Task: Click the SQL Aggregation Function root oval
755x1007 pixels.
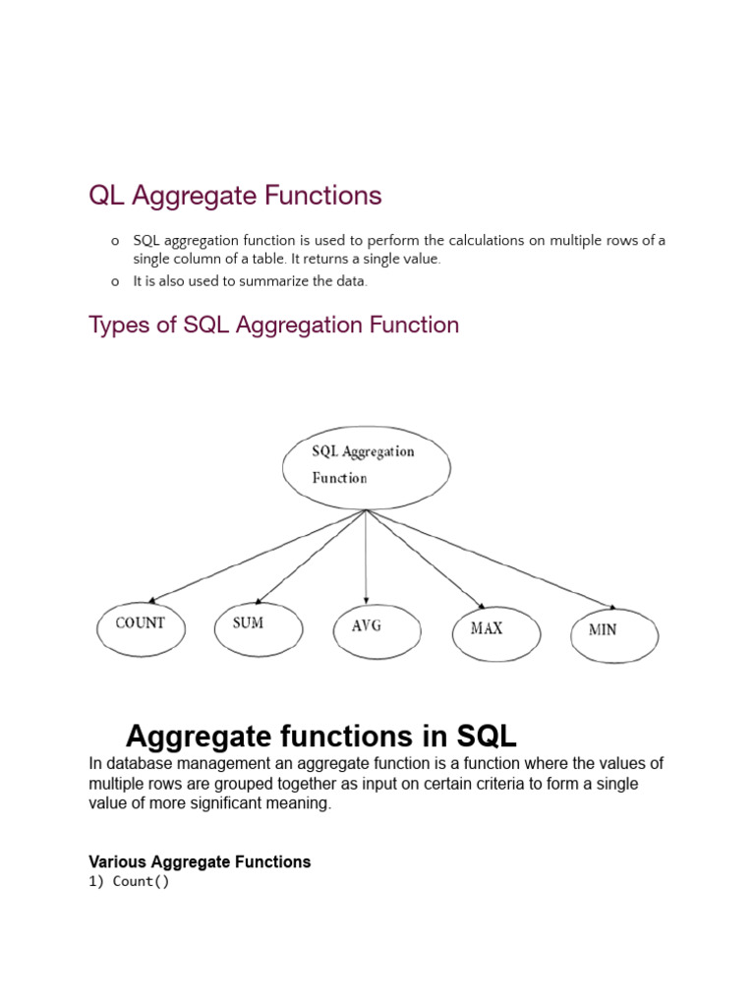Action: coord(366,465)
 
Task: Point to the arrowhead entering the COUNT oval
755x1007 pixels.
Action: coord(153,599)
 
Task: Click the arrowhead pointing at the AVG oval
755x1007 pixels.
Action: coord(367,599)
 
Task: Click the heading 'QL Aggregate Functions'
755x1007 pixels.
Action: coord(235,196)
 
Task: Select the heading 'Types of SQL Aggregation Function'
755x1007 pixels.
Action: coord(273,325)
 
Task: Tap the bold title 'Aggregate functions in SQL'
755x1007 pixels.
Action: coord(321,736)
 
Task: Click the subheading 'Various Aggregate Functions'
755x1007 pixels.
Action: coord(200,861)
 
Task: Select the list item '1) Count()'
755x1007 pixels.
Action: coord(129,881)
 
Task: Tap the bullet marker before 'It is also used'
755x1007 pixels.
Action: coord(115,281)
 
